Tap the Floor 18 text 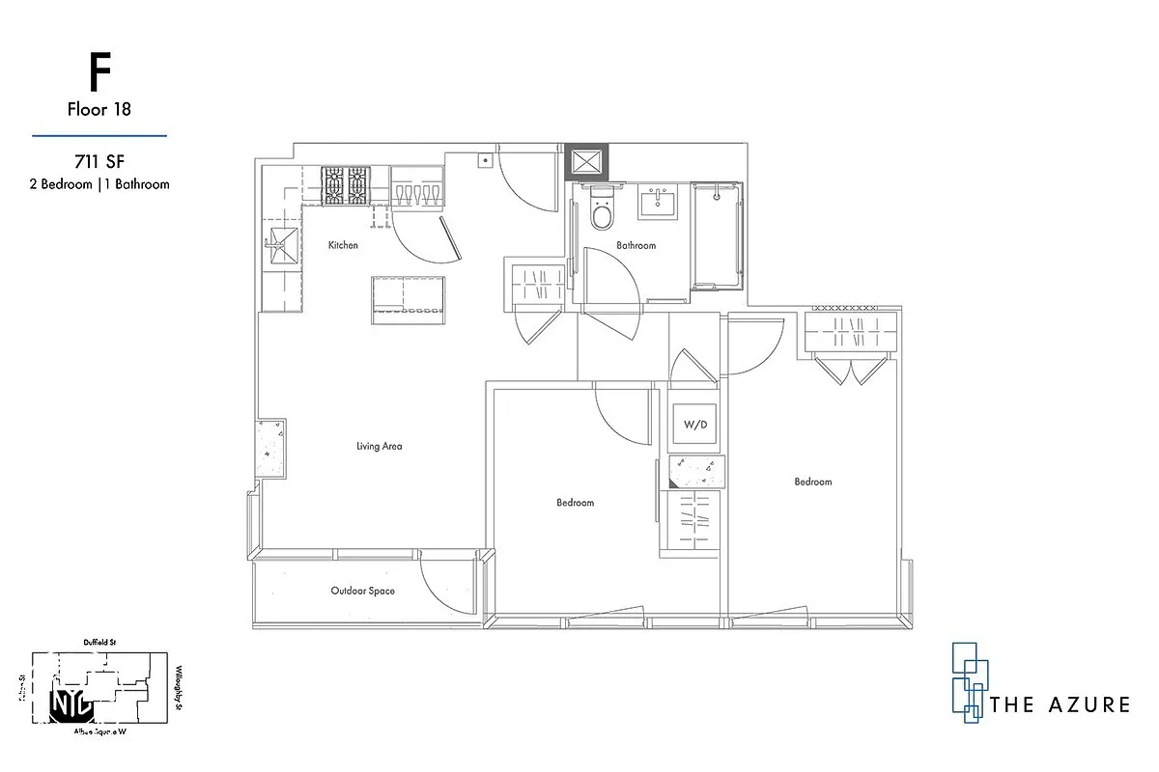pyautogui.click(x=99, y=109)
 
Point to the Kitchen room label pyautogui.click(x=343, y=245)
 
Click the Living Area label pyautogui.click(x=379, y=446)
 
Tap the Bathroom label pyautogui.click(x=636, y=245)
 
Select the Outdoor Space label pyautogui.click(x=362, y=591)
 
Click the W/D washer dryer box pyautogui.click(x=695, y=424)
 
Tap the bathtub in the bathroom pyautogui.click(x=720, y=234)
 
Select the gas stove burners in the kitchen pyautogui.click(x=346, y=185)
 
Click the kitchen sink pyautogui.click(x=281, y=244)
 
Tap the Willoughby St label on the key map pyautogui.click(x=180, y=690)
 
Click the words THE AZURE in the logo pyautogui.click(x=1060, y=704)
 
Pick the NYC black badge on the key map pyautogui.click(x=71, y=704)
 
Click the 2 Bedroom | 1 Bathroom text pyautogui.click(x=99, y=183)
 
